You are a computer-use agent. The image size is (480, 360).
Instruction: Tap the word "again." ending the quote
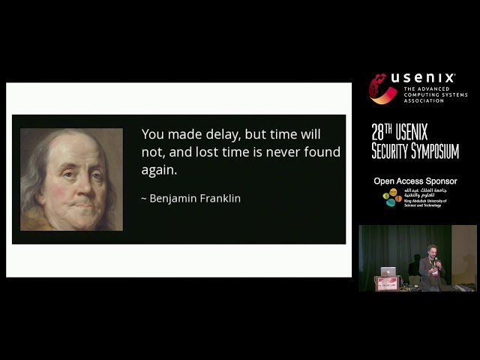click(x=159, y=170)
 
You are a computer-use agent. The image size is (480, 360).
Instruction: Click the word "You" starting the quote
click(x=152, y=134)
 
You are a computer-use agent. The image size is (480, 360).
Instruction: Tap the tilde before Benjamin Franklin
click(x=144, y=199)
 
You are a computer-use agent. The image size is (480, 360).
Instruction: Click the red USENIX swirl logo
click(x=382, y=88)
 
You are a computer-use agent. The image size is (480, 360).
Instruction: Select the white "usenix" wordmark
click(x=423, y=79)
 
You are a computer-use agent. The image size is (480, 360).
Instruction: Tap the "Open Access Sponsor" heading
click(x=415, y=181)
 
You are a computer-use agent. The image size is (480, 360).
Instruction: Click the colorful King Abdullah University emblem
click(x=390, y=198)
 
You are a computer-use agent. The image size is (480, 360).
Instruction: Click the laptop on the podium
click(x=388, y=271)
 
